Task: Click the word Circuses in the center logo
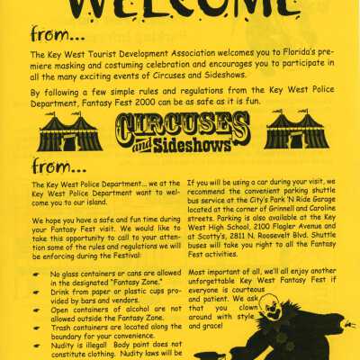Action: coord(181,125)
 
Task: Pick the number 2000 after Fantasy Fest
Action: coord(166,103)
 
